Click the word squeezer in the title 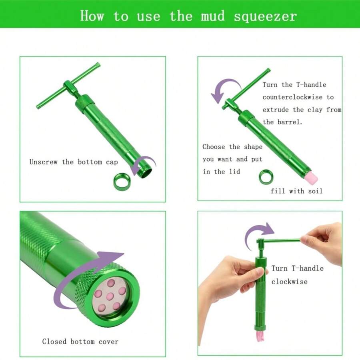265,16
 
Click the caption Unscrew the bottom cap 74,162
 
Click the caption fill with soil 296,191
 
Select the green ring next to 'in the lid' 266,177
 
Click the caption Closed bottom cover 80,342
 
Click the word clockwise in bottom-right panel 289,282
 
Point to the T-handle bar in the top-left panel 68,86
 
